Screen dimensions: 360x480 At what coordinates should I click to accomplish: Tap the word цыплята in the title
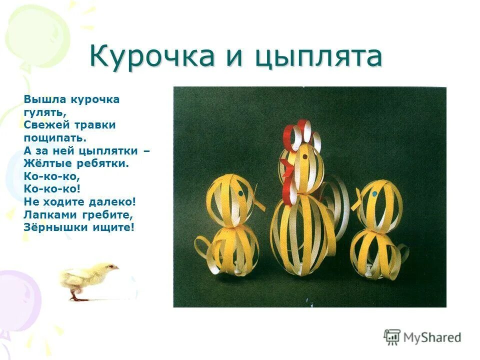(x=318, y=56)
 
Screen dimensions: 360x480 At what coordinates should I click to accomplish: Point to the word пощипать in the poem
(x=55, y=137)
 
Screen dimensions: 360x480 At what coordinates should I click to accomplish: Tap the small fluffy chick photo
(x=90, y=280)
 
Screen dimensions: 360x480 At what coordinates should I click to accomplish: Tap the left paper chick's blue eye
(x=240, y=192)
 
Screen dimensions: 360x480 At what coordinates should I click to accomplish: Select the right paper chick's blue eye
(x=373, y=194)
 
